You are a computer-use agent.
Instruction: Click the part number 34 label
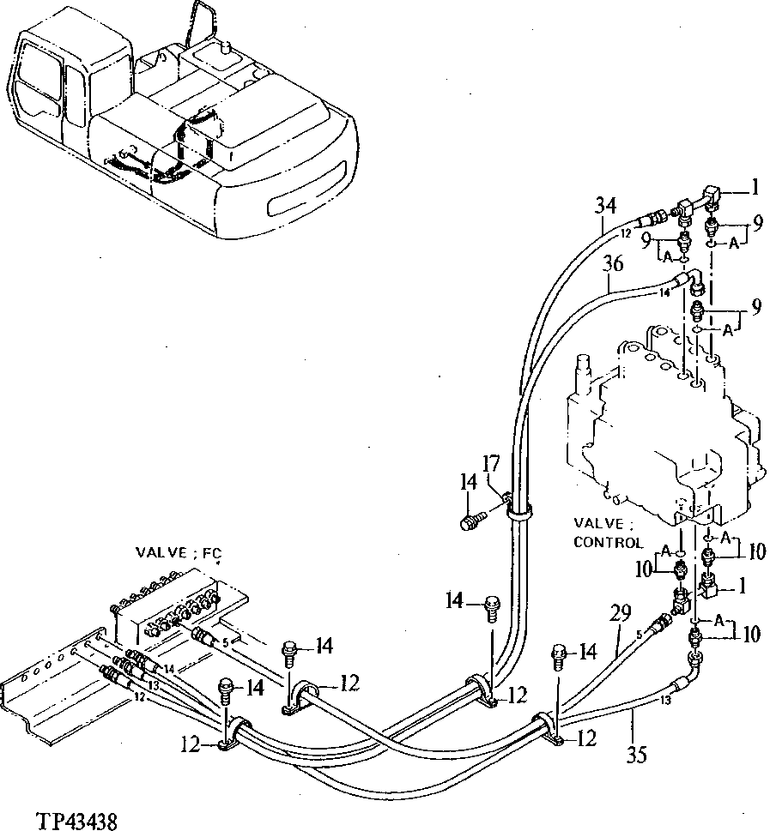point(606,206)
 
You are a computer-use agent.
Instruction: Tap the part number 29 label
point(621,614)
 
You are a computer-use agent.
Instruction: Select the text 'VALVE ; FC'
point(178,554)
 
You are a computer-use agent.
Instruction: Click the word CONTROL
point(607,542)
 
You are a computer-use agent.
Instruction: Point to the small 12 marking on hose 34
point(625,232)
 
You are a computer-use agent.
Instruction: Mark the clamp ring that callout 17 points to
point(518,512)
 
